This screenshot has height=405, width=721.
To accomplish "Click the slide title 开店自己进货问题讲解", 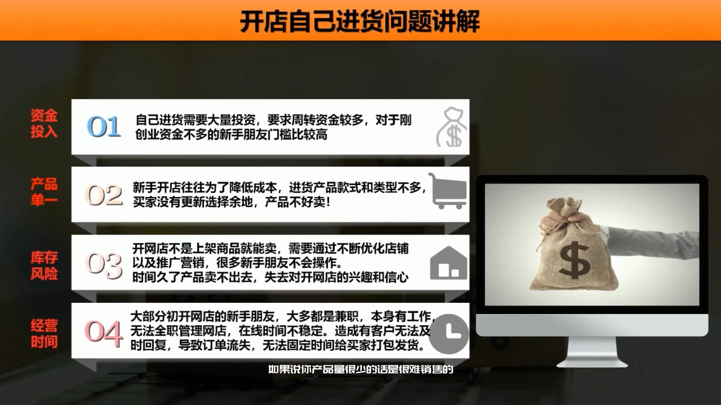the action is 360,21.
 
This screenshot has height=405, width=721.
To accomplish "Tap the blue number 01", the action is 104,126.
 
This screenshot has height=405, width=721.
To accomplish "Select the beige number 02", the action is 104,195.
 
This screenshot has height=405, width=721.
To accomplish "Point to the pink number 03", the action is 104,265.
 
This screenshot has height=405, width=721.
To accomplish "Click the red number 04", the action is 104,333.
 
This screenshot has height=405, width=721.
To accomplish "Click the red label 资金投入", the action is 44,123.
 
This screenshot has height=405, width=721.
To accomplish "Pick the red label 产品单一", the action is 44,192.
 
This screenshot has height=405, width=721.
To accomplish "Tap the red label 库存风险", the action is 44,265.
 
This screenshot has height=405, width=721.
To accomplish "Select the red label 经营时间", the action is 44,333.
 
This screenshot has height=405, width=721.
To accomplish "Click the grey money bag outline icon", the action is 452,127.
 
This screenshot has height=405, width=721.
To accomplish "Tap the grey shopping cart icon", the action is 448,191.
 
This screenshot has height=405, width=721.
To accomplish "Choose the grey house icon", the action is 448,263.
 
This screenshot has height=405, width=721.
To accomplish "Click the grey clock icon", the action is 449,333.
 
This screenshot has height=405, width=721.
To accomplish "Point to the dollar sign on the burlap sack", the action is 574,260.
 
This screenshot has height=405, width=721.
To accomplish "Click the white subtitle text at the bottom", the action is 360,369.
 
